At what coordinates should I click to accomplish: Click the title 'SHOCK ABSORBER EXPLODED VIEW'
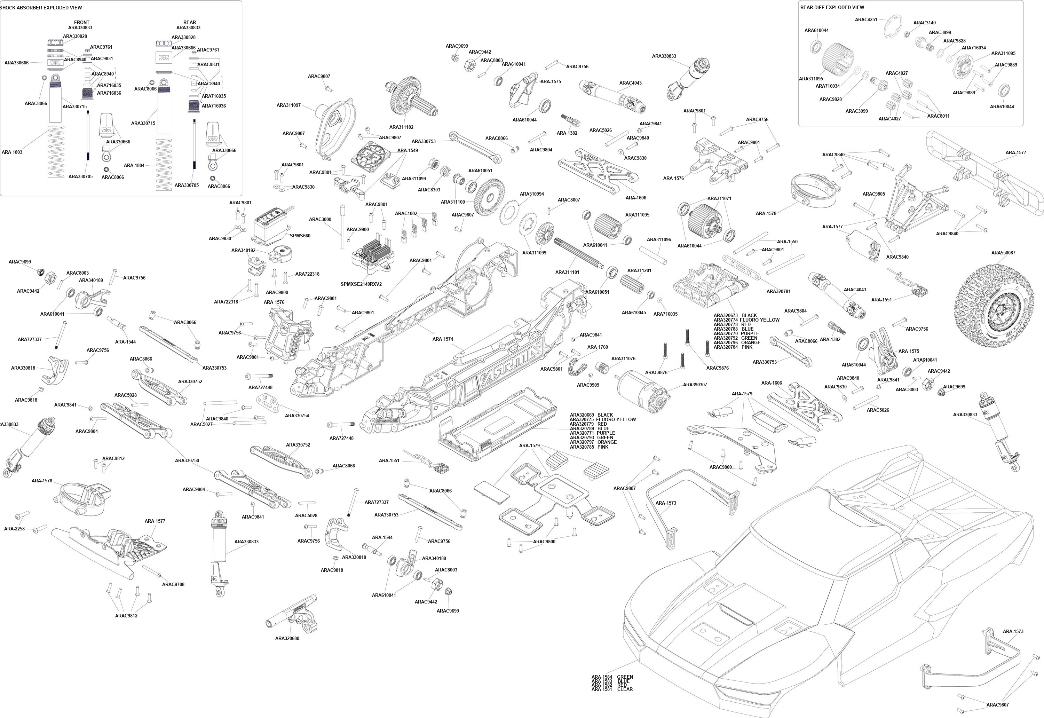point(41,8)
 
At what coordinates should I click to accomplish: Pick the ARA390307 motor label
point(695,385)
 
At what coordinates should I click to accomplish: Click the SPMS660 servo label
point(300,236)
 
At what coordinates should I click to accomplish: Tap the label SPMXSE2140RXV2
point(361,284)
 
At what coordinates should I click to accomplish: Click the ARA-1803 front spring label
point(12,152)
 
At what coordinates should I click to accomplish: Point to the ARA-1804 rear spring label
point(134,166)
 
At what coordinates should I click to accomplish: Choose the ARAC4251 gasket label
point(866,20)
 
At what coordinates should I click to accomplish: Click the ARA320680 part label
point(287,638)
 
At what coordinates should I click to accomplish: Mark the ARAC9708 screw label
point(173,584)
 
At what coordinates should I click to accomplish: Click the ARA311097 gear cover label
point(288,105)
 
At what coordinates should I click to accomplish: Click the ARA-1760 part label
point(598,347)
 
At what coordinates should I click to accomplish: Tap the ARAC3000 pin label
point(320,220)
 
